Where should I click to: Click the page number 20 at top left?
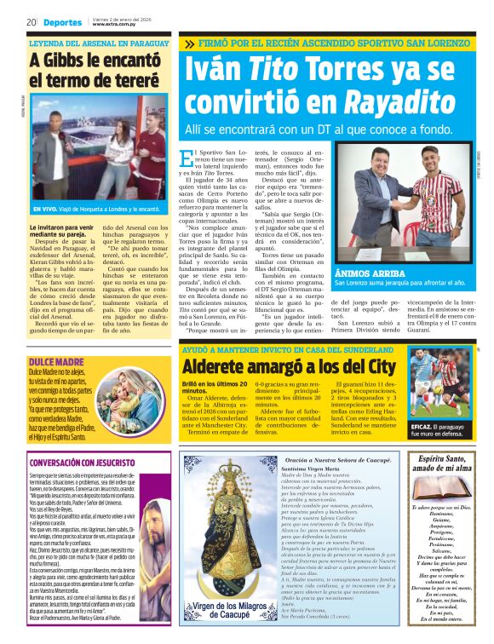[x=30, y=22]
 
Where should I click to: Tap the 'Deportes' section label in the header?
[x=63, y=22]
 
